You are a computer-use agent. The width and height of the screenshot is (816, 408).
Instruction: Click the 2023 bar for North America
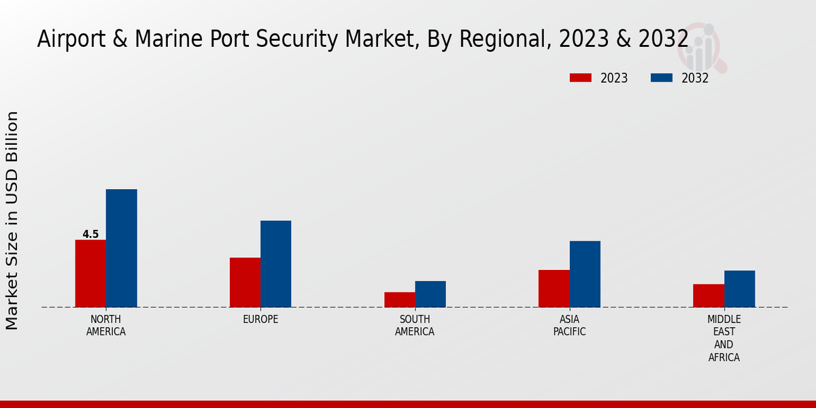pos(90,273)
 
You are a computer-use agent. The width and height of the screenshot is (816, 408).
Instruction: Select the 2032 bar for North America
pos(121,248)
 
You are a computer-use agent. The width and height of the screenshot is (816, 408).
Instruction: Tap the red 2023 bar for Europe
pos(245,282)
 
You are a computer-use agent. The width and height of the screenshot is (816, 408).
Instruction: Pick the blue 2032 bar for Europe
pos(275,264)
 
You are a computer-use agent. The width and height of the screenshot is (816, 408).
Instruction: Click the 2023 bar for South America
pos(399,300)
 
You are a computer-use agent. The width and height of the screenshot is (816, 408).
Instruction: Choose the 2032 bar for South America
pos(430,294)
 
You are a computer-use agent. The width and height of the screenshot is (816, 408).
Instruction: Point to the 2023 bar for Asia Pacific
pos(554,288)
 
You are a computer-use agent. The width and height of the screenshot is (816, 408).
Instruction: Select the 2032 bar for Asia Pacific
pos(585,274)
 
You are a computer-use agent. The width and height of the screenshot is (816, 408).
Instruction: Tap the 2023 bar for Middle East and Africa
pos(709,296)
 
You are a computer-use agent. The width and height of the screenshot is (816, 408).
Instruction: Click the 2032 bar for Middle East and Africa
pos(739,289)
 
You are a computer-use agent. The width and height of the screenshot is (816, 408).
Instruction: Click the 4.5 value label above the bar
pos(90,235)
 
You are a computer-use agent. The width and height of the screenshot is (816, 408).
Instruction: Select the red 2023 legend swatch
pos(581,78)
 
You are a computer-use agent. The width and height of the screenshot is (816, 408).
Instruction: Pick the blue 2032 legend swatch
pos(662,78)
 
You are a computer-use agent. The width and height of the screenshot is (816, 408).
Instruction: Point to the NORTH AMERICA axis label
pos(106,326)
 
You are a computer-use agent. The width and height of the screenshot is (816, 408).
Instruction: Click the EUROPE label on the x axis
pos(260,320)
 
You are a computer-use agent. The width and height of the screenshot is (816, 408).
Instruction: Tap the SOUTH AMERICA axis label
pos(415,326)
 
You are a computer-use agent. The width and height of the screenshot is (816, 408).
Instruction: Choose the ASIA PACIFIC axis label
pos(569,326)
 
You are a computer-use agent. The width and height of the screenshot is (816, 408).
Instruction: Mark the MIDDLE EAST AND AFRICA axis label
pos(724,339)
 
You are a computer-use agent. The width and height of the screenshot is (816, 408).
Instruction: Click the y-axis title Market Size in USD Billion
pos(12,221)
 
